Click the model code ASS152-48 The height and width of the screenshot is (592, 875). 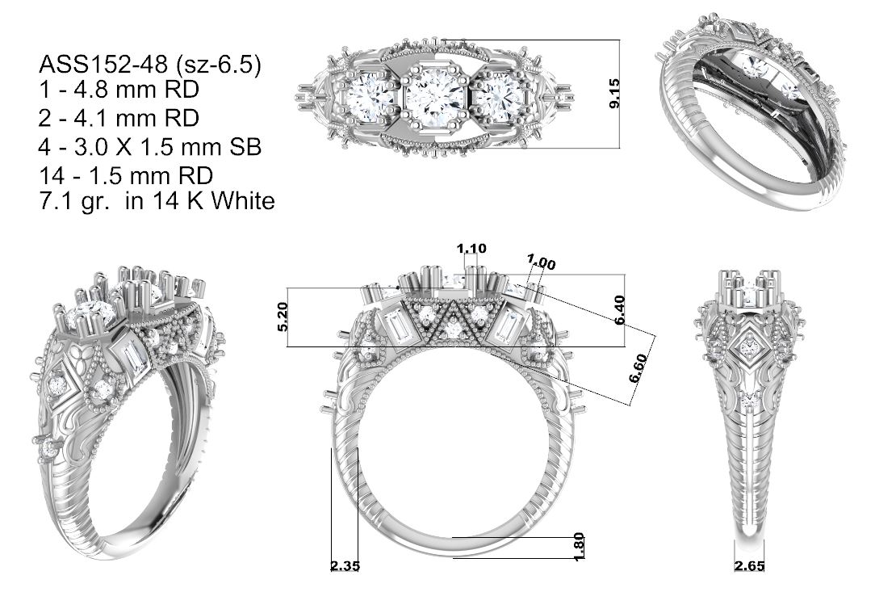103,65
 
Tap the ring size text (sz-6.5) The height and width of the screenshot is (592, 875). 217,65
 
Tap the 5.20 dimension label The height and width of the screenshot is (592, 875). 283,317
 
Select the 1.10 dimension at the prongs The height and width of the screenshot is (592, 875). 471,248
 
